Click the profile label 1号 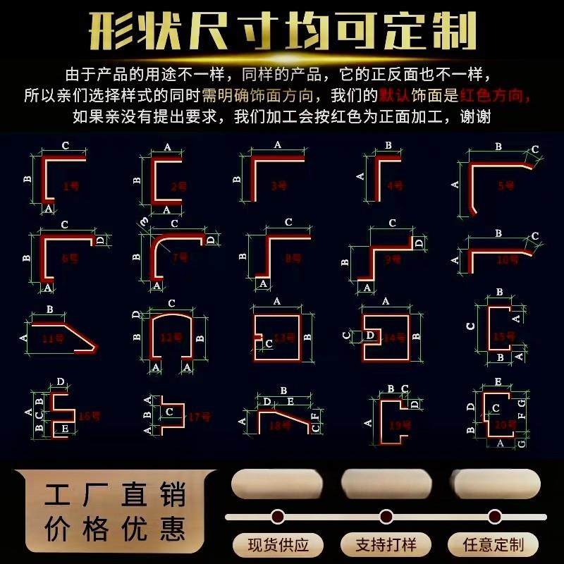[x=70, y=186]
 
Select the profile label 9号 [x=393, y=259]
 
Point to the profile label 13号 [x=284, y=338]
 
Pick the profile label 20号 [x=505, y=424]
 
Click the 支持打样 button [x=386, y=544]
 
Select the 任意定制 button [x=493, y=544]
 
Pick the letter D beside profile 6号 [x=100, y=240]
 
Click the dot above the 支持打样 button [x=386, y=516]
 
